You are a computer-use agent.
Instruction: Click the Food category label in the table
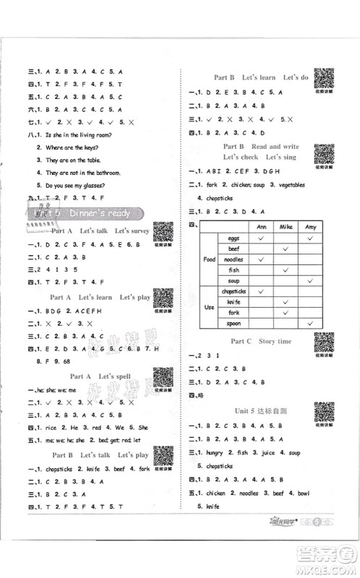point(208,259)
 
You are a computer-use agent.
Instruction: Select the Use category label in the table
point(208,307)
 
